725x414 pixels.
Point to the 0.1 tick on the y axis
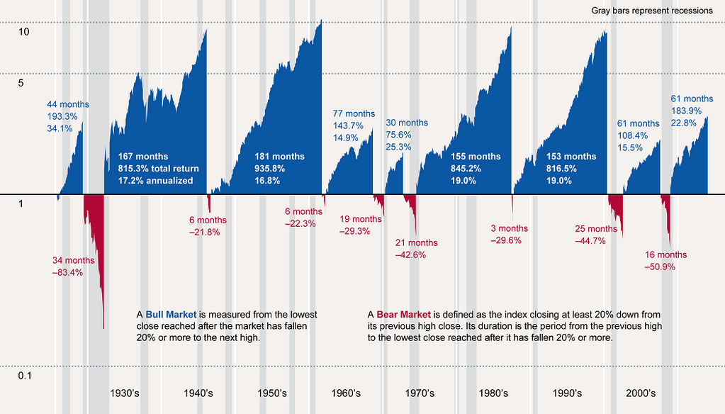[25, 375]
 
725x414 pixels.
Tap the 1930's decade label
[129, 393]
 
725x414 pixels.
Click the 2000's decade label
[641, 393]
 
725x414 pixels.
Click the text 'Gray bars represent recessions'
[651, 11]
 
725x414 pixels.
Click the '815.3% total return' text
[159, 169]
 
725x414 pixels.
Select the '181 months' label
[279, 157]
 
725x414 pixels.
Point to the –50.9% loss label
[660, 267]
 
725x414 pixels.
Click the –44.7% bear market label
[590, 241]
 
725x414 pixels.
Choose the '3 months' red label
[510, 228]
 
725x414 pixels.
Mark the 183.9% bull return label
[686, 111]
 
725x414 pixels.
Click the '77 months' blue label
[354, 113]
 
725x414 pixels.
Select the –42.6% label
[410, 255]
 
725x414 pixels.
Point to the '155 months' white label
[476, 157]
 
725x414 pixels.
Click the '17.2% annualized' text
[155, 181]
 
